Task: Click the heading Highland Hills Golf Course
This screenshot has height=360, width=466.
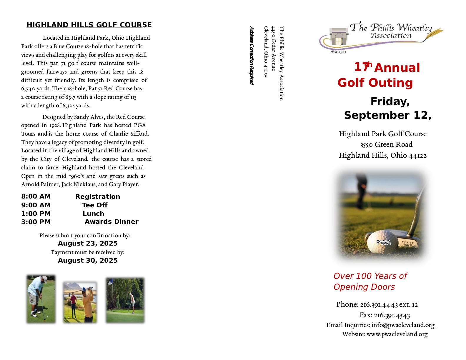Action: pyautogui.click(x=89, y=25)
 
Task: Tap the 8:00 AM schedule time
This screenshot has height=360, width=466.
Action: pyautogui.click(x=36, y=196)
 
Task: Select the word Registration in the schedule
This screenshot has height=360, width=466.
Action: pyautogui.click(x=98, y=197)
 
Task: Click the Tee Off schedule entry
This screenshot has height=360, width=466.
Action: pyautogui.click(x=95, y=205)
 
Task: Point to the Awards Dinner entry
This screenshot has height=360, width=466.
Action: pyautogui.click(x=111, y=222)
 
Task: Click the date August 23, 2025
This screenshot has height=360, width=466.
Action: pyautogui.click(x=88, y=244)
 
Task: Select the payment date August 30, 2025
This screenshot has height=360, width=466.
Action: pyautogui.click(x=88, y=261)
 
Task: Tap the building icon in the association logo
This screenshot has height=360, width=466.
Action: pyautogui.click(x=338, y=37)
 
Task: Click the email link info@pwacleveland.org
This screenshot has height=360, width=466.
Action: pyautogui.click(x=403, y=325)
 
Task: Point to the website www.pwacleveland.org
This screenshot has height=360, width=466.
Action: pyautogui.click(x=397, y=334)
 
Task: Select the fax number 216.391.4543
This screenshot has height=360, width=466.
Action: pyautogui.click(x=392, y=316)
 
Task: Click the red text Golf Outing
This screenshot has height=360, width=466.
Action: pyautogui.click(x=375, y=83)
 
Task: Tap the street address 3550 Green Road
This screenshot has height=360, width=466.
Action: pyautogui.click(x=386, y=144)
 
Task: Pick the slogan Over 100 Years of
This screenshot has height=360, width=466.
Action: pyautogui.click(x=370, y=276)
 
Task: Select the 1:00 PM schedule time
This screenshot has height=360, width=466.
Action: pyautogui.click(x=36, y=214)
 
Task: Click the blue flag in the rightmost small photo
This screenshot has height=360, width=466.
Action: pyautogui.click(x=110, y=282)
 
